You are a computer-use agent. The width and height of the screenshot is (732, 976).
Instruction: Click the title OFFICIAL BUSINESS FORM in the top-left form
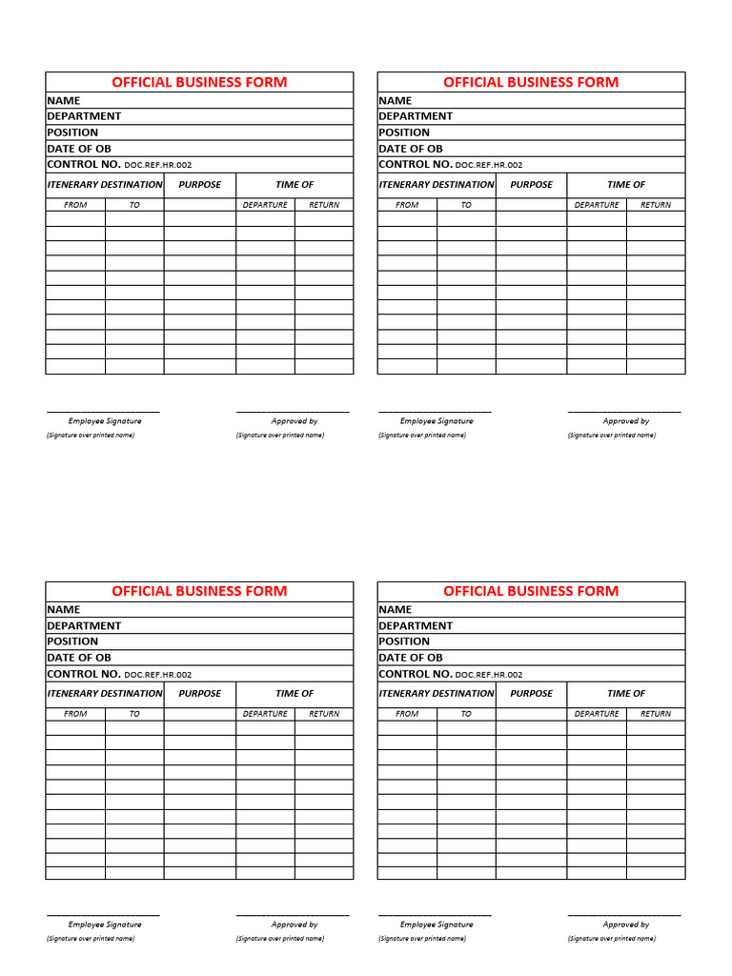pyautogui.click(x=199, y=82)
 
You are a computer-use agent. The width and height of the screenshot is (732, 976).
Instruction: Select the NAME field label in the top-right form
pyautogui.click(x=396, y=100)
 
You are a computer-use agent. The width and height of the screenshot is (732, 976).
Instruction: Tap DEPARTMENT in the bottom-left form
pyautogui.click(x=84, y=625)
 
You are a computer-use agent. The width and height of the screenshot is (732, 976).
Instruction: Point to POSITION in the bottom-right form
pyautogui.click(x=404, y=641)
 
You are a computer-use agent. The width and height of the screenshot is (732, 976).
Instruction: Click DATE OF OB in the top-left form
pyautogui.click(x=79, y=149)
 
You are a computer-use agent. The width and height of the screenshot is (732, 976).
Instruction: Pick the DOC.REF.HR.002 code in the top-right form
pyautogui.click(x=490, y=165)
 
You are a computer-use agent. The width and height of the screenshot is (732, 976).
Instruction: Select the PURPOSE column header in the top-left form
pyautogui.click(x=199, y=185)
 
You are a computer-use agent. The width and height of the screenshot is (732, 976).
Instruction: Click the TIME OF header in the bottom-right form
pyautogui.click(x=626, y=694)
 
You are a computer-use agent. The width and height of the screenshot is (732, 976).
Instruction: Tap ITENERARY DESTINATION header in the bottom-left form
pyautogui.click(x=105, y=694)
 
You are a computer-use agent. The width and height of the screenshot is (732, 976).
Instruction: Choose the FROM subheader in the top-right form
pyautogui.click(x=407, y=205)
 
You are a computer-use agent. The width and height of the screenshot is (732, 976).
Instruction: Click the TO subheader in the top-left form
pyautogui.click(x=134, y=205)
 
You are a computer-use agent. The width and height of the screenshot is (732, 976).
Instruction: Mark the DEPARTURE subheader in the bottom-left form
pyautogui.click(x=265, y=714)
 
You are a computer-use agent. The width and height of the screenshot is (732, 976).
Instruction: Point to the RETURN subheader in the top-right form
pyautogui.click(x=656, y=205)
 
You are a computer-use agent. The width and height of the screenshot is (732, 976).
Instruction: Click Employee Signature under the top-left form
pyautogui.click(x=105, y=420)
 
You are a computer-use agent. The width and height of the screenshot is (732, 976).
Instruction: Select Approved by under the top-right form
pyautogui.click(x=626, y=420)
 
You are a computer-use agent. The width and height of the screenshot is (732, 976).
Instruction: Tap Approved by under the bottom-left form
pyautogui.click(x=295, y=925)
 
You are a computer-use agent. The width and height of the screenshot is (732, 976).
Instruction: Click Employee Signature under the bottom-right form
pyautogui.click(x=437, y=925)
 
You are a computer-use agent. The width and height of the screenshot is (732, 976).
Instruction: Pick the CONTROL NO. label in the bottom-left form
pyautogui.click(x=84, y=674)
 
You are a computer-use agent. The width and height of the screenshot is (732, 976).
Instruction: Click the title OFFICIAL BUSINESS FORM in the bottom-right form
pyautogui.click(x=531, y=591)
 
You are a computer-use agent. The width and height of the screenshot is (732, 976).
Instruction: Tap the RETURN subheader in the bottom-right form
pyautogui.click(x=656, y=714)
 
